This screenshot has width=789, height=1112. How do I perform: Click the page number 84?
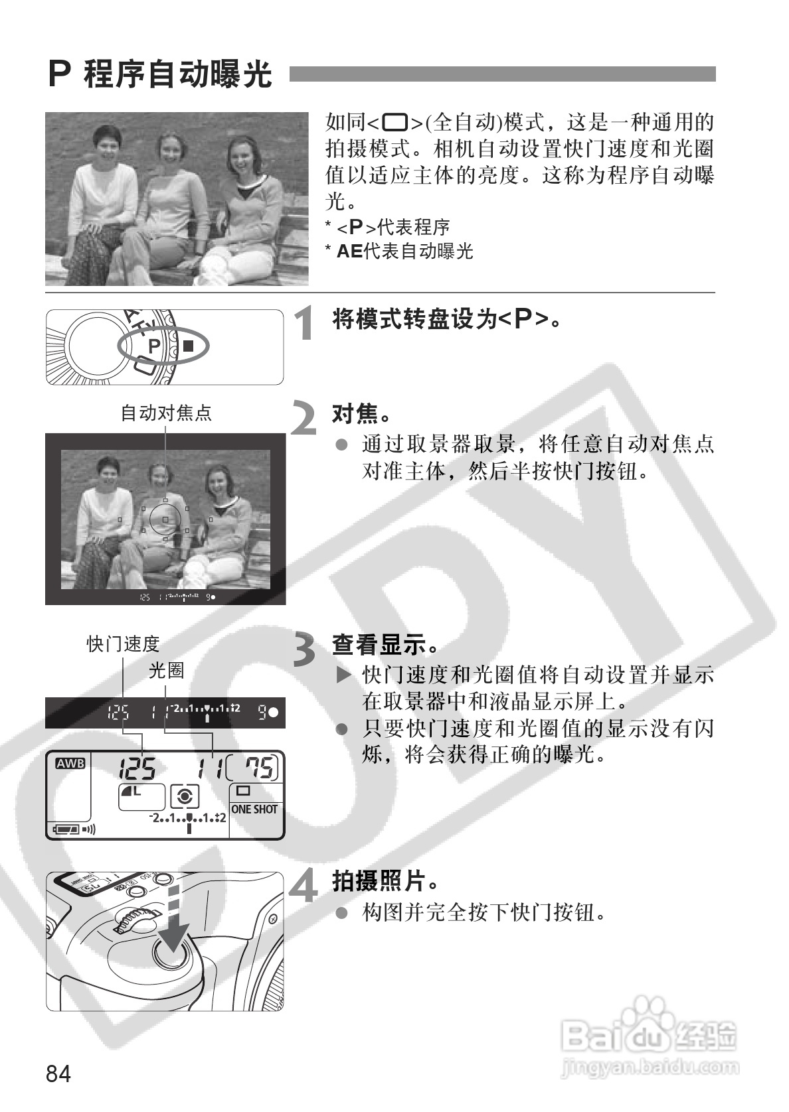pyautogui.click(x=59, y=1073)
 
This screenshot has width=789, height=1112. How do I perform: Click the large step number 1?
pyautogui.click(x=305, y=324)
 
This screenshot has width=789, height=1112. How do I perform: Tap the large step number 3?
pyautogui.click(x=306, y=649)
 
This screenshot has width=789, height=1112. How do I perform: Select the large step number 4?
pyautogui.click(x=306, y=886)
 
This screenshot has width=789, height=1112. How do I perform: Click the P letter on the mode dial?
pyautogui.click(x=153, y=346)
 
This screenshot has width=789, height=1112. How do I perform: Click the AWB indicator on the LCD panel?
pyautogui.click(x=70, y=764)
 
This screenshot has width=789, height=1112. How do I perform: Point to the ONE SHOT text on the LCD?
pyautogui.click(x=254, y=809)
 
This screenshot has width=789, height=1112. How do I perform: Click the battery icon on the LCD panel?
pyautogui.click(x=66, y=829)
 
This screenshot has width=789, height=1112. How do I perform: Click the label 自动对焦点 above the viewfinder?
pyautogui.click(x=166, y=413)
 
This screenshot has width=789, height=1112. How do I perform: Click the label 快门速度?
pyautogui.click(x=124, y=644)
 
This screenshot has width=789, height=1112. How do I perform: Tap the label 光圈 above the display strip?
pyautogui.click(x=166, y=671)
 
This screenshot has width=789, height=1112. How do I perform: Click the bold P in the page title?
pyautogui.click(x=60, y=74)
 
